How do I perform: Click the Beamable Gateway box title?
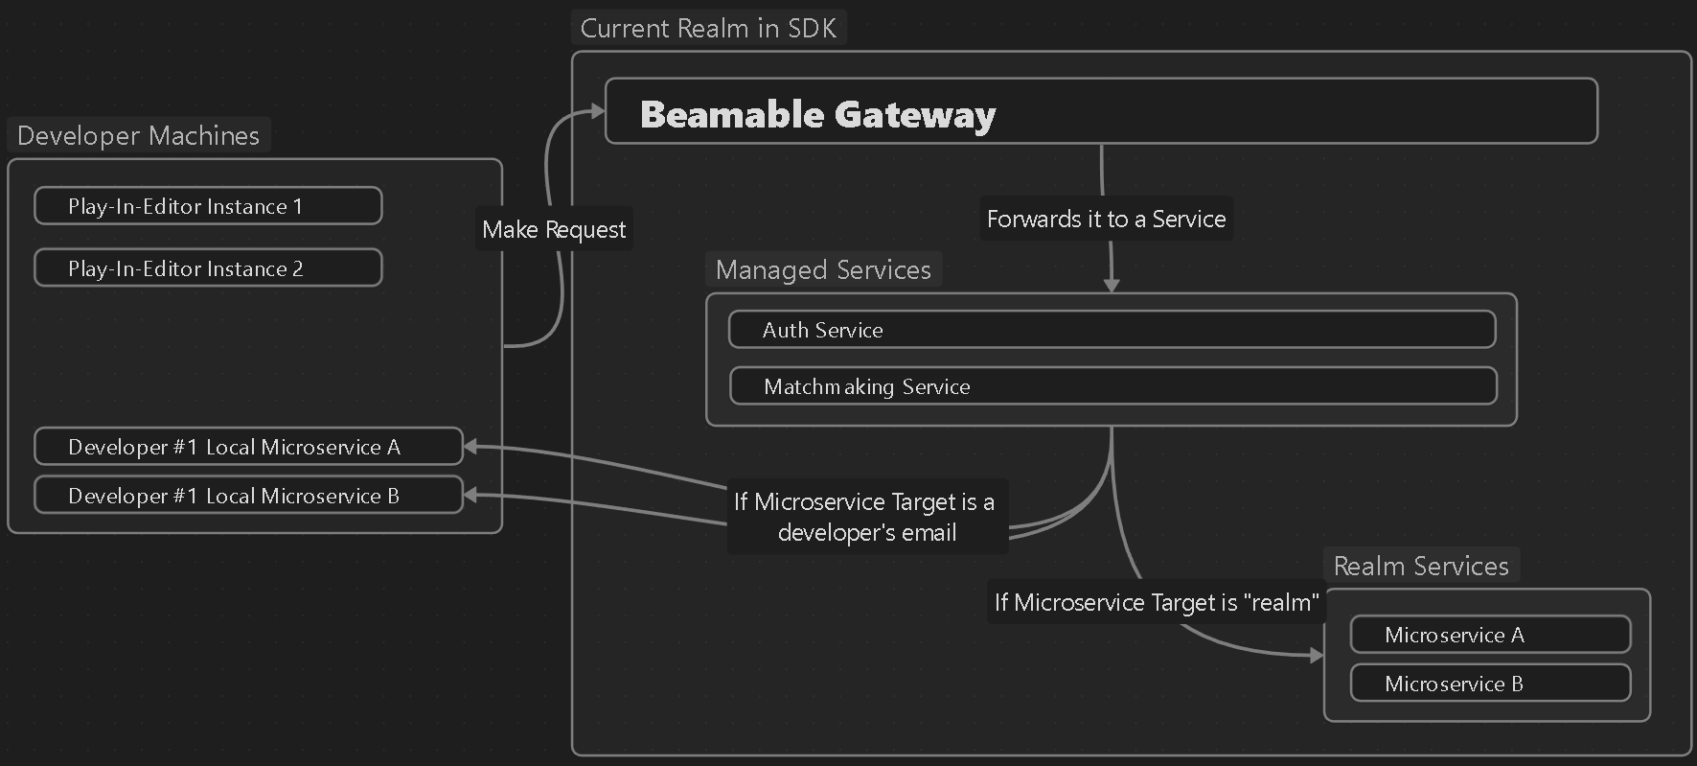817,114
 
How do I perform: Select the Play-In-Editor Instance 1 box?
208,206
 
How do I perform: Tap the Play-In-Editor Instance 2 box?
208,268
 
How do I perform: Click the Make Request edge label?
554,230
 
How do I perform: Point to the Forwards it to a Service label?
1106,220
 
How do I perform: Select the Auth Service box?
1112,330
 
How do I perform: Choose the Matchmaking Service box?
1112,386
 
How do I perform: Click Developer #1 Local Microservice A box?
248,447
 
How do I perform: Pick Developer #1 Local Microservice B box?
248,496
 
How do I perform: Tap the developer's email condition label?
866,517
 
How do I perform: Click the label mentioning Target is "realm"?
1157,602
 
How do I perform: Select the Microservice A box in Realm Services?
1490,635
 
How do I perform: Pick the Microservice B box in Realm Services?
1490,684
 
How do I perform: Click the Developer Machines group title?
138,136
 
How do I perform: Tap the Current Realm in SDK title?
708,29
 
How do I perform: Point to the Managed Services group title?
823,270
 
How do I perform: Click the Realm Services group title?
1421,567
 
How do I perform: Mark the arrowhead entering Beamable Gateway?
597,112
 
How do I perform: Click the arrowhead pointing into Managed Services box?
1112,285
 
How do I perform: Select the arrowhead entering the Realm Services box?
1317,656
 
